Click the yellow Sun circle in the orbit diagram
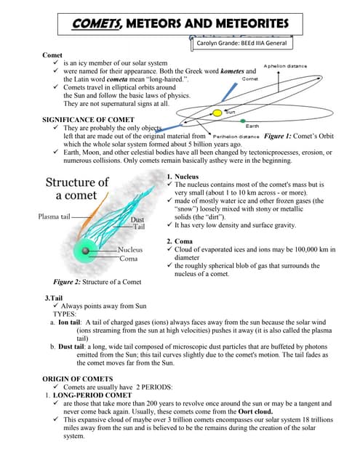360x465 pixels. coord(217,113)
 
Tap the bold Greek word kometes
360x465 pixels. coord(228,71)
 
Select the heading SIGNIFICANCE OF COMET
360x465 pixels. coord(89,119)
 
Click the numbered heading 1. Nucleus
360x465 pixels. coord(185,177)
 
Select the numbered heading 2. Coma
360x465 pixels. coord(181,240)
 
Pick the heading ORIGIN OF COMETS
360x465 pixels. coord(78,379)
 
